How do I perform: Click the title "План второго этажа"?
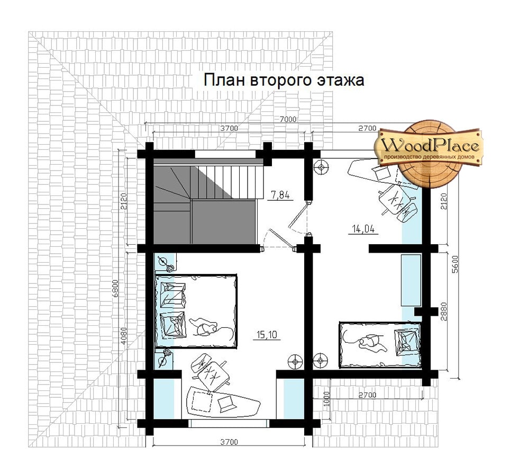tap(284, 81)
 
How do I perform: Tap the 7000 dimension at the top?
tap(288, 119)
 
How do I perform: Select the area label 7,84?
tap(280, 195)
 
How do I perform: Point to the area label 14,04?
tap(363, 229)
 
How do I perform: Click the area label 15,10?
tap(267, 334)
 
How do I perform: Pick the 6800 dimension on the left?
tap(115, 288)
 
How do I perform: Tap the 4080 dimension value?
tap(124, 336)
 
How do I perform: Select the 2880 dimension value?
tap(444, 311)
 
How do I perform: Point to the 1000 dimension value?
tap(325, 400)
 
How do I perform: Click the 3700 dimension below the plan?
tap(229, 442)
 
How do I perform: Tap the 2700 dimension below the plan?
tap(367, 395)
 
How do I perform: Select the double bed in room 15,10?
tap(196, 311)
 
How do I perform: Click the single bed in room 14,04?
tap(380, 345)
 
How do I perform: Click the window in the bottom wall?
tap(229, 423)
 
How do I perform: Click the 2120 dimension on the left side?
tap(124, 201)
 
